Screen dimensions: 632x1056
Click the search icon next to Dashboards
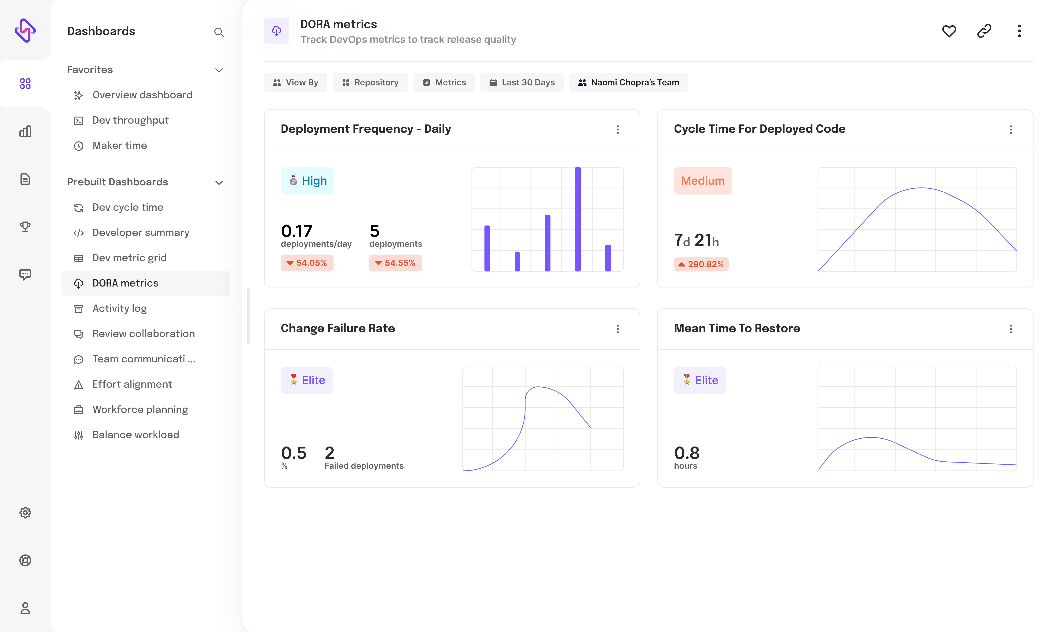219,32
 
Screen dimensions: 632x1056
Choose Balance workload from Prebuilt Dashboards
136,434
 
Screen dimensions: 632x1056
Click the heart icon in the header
949,31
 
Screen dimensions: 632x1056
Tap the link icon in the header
984,31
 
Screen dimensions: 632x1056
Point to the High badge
308,180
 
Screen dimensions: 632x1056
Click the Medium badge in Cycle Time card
703,180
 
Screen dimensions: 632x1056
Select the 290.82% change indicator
701,264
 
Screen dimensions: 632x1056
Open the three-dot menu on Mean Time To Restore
1011,329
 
